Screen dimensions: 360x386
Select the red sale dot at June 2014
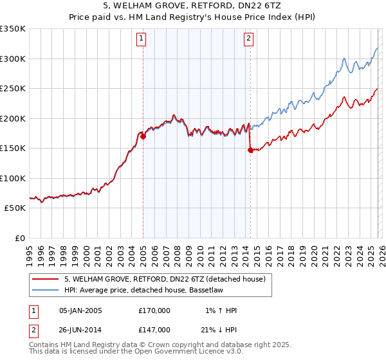coord(250,150)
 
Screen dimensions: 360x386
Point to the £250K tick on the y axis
coord(13,89)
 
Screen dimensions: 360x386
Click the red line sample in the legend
coord(46,278)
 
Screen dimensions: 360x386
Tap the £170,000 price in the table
coord(154,310)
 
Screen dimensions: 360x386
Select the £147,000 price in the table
coord(154,328)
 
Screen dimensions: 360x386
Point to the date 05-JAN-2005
coord(80,310)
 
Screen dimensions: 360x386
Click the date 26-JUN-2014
coord(80,328)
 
